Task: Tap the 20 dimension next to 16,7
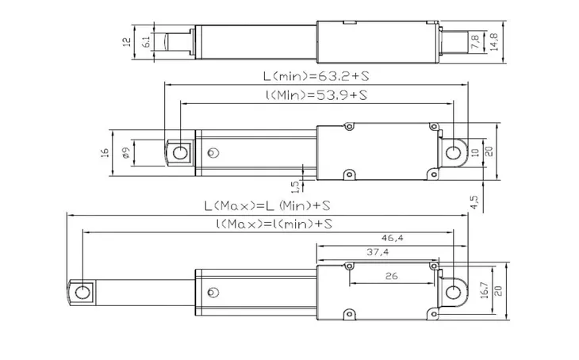coord(498,291)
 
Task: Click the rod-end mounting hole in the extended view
coord(81,293)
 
